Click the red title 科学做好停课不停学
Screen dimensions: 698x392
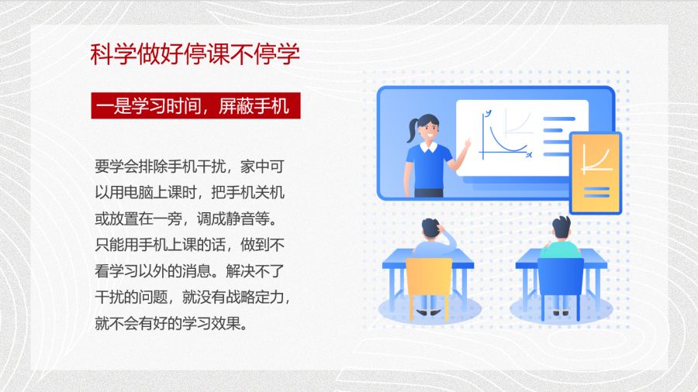[x=195, y=55]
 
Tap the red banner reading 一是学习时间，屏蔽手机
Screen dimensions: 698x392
[x=196, y=106]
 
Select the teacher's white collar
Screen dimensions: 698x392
[x=428, y=147]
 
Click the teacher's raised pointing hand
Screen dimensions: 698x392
[x=467, y=144]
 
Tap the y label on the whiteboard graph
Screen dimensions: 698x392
[x=489, y=112]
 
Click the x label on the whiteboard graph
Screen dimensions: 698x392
[x=529, y=155]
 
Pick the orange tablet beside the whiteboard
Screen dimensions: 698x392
[x=596, y=173]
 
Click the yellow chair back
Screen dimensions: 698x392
[x=429, y=277]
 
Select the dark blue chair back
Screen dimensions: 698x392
[x=561, y=277]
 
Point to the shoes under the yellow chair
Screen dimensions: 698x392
[x=428, y=312]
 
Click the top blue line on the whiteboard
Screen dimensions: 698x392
[x=559, y=119]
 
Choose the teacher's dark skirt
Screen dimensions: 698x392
[x=429, y=193]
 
